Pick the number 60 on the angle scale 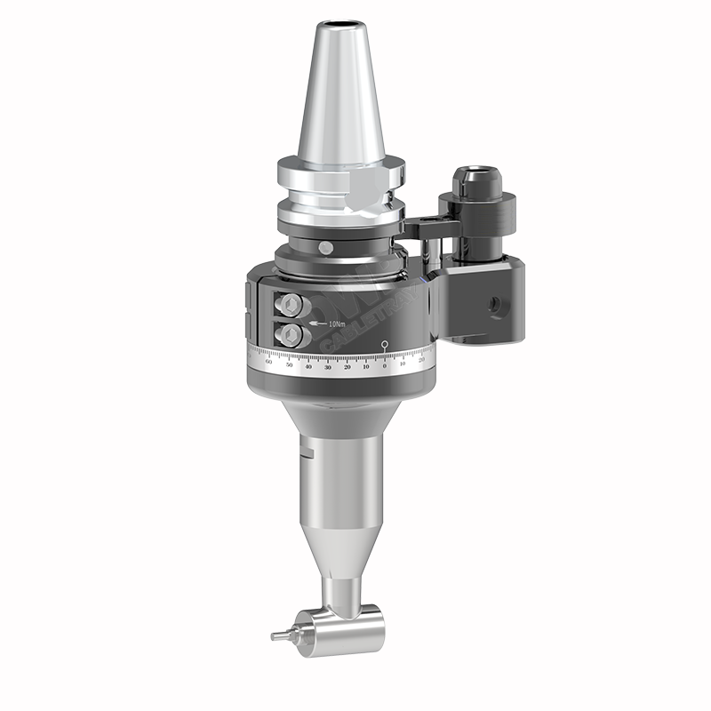tap(269, 363)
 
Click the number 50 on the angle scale tap(289, 364)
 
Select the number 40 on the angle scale tap(308, 366)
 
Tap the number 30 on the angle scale tap(328, 367)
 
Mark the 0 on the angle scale tap(384, 366)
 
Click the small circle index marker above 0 tap(384, 344)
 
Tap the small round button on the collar tap(325, 246)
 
